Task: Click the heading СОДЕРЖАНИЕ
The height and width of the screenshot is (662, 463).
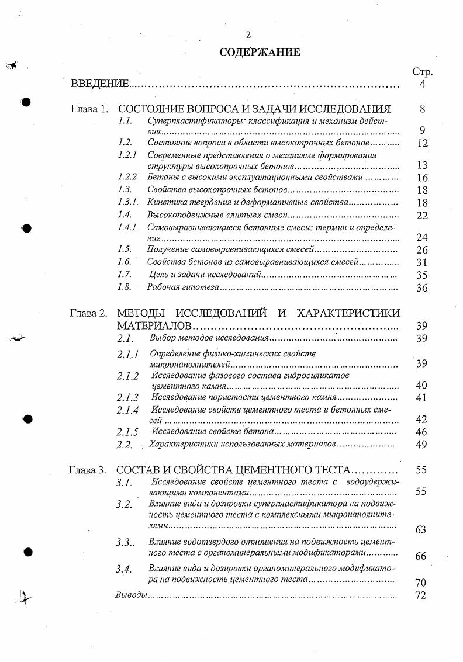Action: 260,52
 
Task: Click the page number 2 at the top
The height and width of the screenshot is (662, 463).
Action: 248,34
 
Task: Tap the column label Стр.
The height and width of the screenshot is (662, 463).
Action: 422,72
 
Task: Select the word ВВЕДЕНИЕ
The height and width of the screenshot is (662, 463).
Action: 99,84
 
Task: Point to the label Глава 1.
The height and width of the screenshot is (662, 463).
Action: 89,109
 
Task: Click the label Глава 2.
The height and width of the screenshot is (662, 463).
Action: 88,313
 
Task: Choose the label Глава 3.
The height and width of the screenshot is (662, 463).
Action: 88,469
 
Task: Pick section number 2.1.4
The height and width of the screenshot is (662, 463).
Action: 127,410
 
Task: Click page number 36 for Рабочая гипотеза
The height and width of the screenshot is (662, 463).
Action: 422,288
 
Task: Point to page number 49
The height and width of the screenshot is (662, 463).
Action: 421,445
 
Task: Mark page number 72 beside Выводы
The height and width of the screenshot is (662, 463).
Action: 420,596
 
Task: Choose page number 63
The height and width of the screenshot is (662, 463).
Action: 420,530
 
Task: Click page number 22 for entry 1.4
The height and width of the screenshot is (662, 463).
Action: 422,215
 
